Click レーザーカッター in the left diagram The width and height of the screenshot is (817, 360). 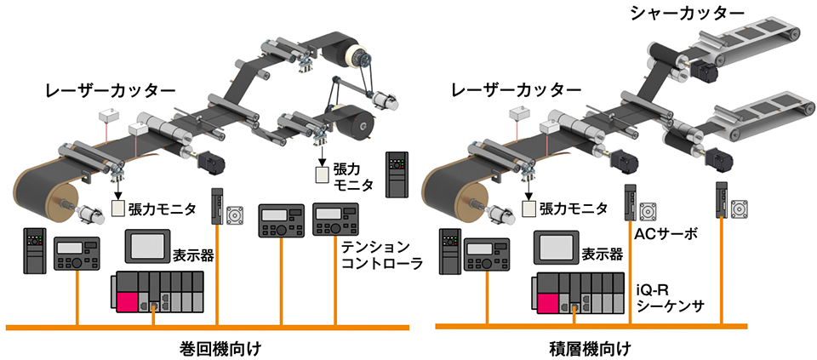point(110,89)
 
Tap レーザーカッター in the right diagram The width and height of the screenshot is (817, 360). point(517,89)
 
